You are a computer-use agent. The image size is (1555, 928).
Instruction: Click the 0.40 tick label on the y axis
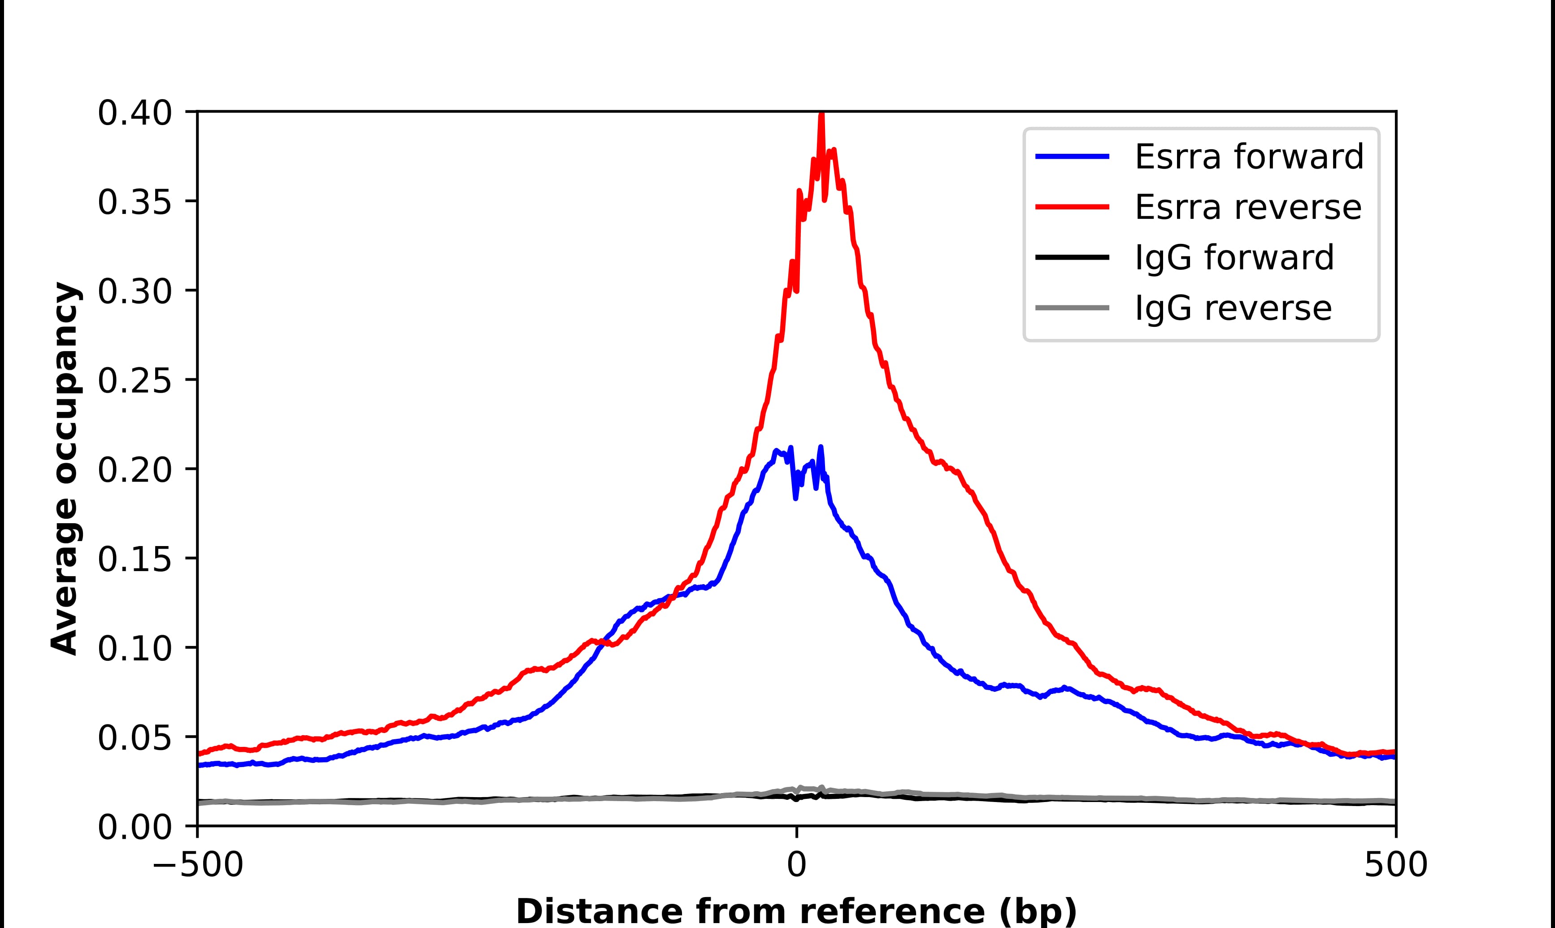[135, 114]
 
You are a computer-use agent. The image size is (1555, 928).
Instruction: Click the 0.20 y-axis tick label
[135, 471]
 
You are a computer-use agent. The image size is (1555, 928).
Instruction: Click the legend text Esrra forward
[1249, 157]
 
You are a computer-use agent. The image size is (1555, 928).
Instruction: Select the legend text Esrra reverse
[1247, 208]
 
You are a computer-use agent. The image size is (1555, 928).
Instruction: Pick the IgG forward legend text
[1234, 258]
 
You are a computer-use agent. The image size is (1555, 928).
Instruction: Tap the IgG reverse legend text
[1233, 309]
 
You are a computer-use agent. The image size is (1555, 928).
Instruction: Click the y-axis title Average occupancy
[65, 469]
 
